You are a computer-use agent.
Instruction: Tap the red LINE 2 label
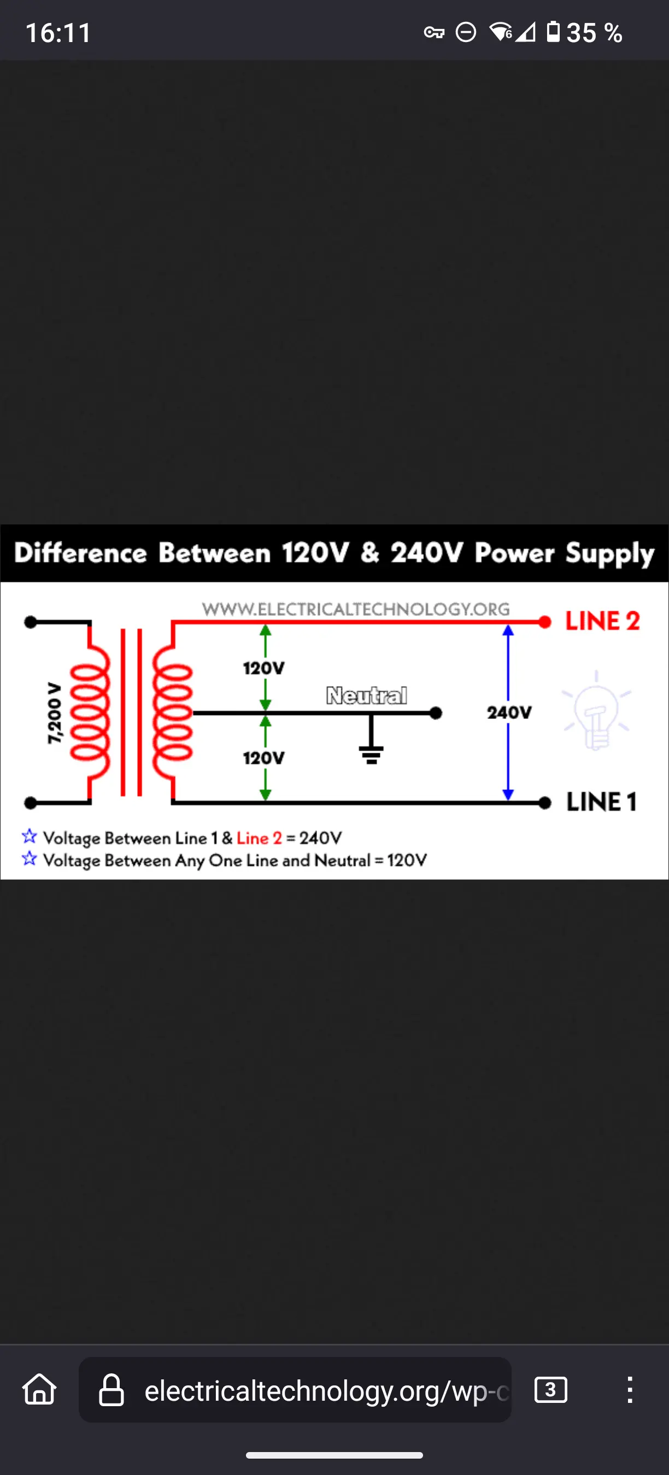click(602, 621)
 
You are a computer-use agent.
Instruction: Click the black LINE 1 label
click(601, 801)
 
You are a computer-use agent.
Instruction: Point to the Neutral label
click(367, 695)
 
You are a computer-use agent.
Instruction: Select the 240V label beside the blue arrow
click(509, 713)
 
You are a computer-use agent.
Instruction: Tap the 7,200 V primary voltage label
click(54, 713)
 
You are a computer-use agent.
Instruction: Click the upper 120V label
click(263, 668)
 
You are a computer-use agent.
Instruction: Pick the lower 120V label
click(263, 758)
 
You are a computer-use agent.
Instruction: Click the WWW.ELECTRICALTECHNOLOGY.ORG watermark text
click(356, 609)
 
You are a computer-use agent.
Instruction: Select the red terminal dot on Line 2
click(545, 622)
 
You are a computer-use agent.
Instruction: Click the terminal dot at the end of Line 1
click(545, 803)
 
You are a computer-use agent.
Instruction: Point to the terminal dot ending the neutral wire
click(436, 713)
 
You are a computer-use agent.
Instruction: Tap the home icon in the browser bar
click(39, 1389)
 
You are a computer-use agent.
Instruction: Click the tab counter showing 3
click(550, 1390)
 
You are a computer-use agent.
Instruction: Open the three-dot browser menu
click(630, 1390)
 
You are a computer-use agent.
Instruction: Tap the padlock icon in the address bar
click(111, 1390)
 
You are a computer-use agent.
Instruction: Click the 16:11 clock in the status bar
click(58, 33)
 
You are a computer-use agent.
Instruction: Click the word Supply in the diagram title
click(610, 554)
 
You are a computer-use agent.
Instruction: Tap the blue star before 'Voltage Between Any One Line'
click(29, 859)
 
